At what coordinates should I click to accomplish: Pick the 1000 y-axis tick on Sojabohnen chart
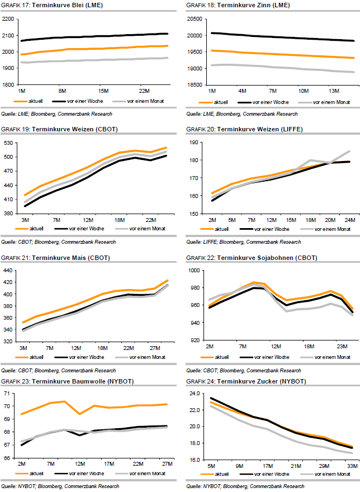(x=195, y=271)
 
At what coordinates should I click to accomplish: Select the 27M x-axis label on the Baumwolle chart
(x=167, y=463)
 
